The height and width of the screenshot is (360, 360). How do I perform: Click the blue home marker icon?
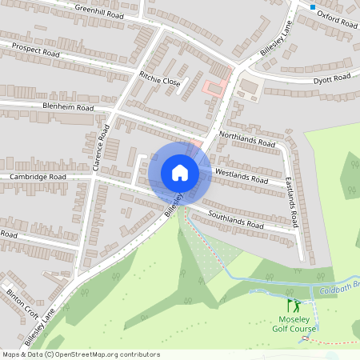tap(179, 173)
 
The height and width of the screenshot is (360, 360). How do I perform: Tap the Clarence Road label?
tap(99, 149)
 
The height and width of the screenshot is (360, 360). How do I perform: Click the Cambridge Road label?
tap(38, 176)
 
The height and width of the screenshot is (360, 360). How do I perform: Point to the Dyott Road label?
tap(331, 78)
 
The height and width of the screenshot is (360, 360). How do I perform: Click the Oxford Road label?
tap(336, 19)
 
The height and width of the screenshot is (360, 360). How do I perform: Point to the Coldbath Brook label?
tap(339, 291)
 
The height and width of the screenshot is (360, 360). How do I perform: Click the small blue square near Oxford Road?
tap(312, 6)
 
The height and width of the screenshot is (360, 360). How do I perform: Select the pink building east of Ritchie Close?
tap(213, 87)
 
